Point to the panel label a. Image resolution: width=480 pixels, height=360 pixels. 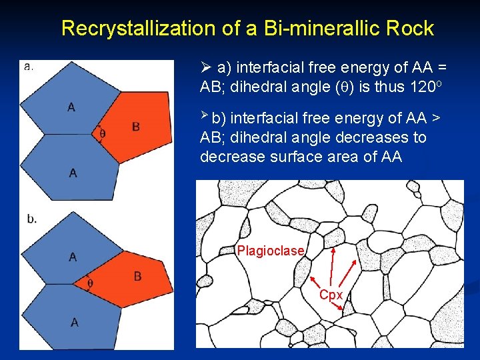[x=29, y=66]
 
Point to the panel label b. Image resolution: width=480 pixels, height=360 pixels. [x=31, y=219]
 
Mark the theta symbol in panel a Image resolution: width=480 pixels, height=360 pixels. [x=102, y=133]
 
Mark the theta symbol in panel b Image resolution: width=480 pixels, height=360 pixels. [x=91, y=284]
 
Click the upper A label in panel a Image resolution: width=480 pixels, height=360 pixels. [x=71, y=107]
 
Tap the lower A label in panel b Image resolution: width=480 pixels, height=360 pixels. [x=74, y=323]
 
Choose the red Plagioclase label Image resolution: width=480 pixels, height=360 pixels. [x=270, y=251]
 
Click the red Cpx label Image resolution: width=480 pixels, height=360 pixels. [x=331, y=295]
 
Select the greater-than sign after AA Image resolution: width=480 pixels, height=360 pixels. [x=435, y=119]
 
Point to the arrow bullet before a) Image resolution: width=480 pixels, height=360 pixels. [x=206, y=67]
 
